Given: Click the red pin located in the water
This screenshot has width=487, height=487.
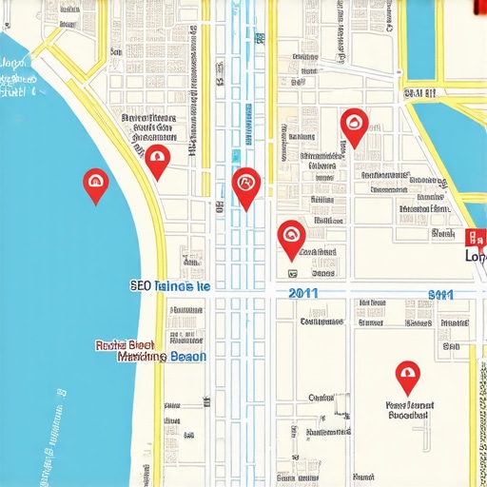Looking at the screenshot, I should (x=95, y=184).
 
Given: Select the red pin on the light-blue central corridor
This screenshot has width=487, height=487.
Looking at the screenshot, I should (x=245, y=185).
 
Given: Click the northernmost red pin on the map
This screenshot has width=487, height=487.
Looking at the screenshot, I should (x=354, y=125).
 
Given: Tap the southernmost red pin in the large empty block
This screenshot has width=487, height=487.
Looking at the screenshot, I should (x=407, y=376).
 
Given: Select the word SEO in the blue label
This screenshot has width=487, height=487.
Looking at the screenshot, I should (x=140, y=285).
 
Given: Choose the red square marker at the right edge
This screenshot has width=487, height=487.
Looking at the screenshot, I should (x=474, y=239).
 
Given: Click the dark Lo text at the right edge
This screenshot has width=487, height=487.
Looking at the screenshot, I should (x=474, y=256).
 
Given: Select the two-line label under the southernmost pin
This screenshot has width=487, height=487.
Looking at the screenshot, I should (x=408, y=410).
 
